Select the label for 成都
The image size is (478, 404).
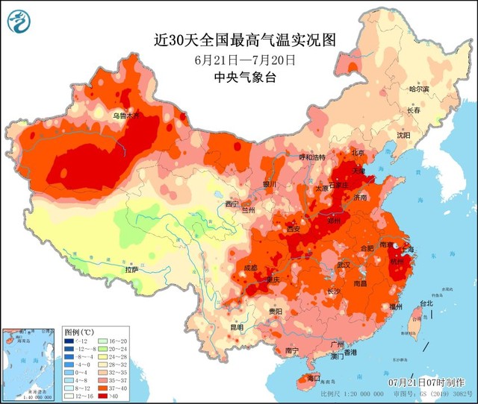click(249, 268)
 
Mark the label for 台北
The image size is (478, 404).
click(426, 303)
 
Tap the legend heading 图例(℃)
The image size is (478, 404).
click(78, 331)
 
